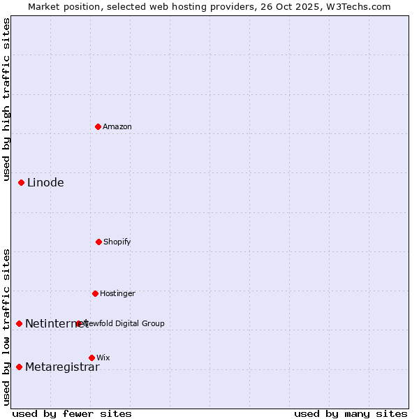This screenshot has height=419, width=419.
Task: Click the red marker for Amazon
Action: pyautogui.click(x=98, y=126)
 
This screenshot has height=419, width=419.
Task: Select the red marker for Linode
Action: pyautogui.click(x=21, y=183)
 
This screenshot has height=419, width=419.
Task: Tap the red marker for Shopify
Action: pyautogui.click(x=98, y=242)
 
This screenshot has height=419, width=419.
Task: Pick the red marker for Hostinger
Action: pyautogui.click(x=95, y=293)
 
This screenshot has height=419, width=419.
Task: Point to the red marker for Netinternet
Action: pyautogui.click(x=19, y=323)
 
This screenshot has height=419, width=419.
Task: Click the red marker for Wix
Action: pyautogui.click(x=91, y=358)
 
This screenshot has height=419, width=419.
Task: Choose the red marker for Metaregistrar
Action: pyautogui.click(x=19, y=367)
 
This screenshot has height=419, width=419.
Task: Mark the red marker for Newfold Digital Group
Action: pyautogui.click(x=78, y=323)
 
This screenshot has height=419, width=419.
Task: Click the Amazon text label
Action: pyautogui.click(x=117, y=126)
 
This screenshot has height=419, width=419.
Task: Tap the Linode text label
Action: pyautogui.click(x=45, y=183)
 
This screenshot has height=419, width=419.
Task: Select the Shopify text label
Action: pyautogui.click(x=117, y=242)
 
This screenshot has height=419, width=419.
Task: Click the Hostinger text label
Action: pyautogui.click(x=117, y=293)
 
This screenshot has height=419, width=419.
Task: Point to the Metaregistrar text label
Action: pyautogui.click(x=62, y=367)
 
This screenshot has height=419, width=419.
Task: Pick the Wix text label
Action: pyautogui.click(x=103, y=358)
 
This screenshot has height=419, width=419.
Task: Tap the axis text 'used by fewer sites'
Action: pyautogui.click(x=72, y=413)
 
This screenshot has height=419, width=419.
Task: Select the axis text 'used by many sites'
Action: pyautogui.click(x=351, y=413)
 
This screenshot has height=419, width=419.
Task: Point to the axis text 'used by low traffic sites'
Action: pyautogui.click(x=6, y=327)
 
